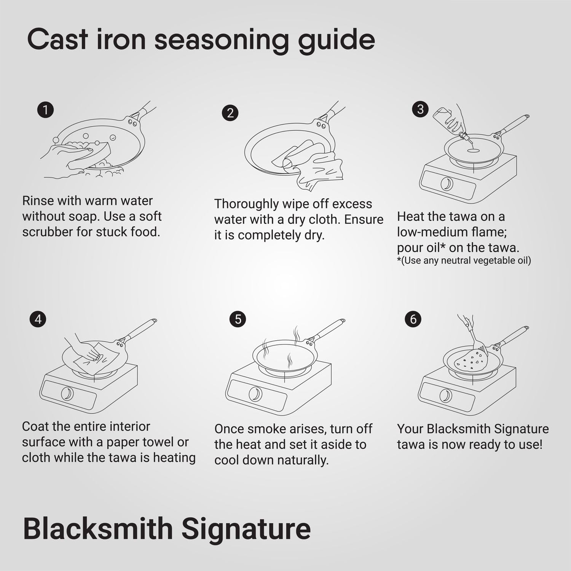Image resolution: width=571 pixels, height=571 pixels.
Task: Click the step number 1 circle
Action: [x=46, y=110]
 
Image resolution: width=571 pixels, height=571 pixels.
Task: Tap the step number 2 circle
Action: [x=230, y=113]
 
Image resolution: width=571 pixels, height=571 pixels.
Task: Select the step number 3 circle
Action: [x=420, y=109]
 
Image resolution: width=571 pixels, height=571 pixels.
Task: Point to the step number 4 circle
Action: [x=38, y=319]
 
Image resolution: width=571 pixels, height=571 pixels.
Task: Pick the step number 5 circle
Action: [x=238, y=319]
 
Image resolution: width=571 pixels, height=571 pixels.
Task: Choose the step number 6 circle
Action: [x=413, y=319]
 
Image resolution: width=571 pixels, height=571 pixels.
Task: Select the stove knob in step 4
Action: [x=67, y=393]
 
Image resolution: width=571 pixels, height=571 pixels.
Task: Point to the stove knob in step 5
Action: [x=255, y=394]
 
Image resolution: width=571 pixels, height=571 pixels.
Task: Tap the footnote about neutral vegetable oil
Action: [x=464, y=260]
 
